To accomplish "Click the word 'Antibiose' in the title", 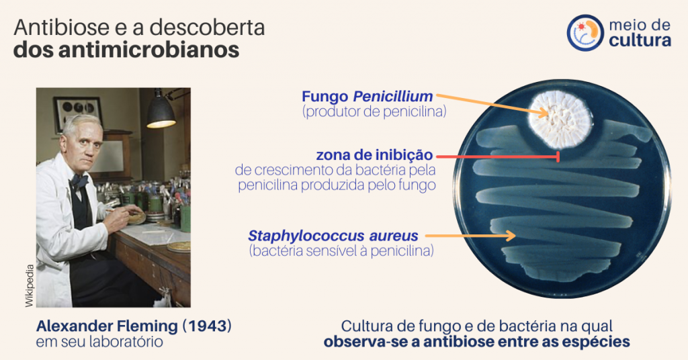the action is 61,27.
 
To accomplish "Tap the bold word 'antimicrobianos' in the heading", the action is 148,50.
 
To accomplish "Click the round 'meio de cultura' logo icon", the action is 585,33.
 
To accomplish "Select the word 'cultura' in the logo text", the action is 640,41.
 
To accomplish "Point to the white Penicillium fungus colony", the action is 560,119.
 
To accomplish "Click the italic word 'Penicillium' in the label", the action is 392,96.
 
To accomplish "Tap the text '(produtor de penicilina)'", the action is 374,111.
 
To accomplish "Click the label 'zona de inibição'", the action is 374,154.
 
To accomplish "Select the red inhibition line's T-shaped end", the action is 558,156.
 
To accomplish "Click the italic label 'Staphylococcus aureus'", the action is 333,236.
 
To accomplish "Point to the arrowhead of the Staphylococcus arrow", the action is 511,236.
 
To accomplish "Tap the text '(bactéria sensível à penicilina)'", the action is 341,251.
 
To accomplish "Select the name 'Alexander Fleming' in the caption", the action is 107,326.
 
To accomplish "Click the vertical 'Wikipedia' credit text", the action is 29,285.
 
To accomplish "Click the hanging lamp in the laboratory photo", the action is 161,111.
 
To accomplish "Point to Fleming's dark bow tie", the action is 79,181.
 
